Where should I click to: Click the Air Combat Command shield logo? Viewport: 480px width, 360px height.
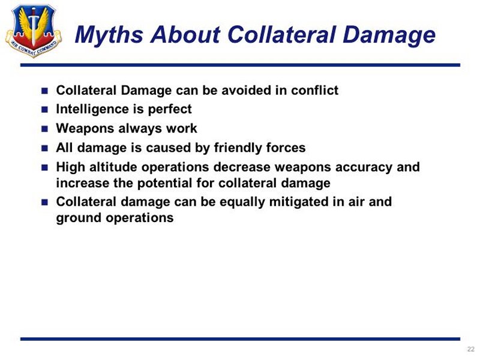click(34, 31)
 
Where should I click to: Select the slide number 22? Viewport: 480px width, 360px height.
click(471, 349)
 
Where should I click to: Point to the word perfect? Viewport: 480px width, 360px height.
click(170, 110)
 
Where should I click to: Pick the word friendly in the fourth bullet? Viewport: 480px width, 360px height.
click(238, 148)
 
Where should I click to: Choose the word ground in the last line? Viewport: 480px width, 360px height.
click(79, 218)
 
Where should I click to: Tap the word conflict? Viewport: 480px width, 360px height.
click(314, 91)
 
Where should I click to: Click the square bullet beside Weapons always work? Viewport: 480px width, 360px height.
click(44, 129)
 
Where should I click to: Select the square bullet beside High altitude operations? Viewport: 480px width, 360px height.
click(44, 167)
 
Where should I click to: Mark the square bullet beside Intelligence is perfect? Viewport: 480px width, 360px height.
click(44, 110)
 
